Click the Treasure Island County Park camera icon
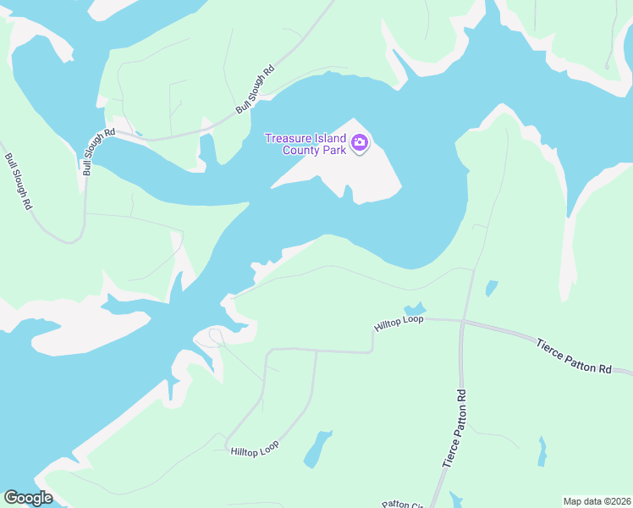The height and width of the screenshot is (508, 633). (360, 143)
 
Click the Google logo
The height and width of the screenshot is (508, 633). (28, 498)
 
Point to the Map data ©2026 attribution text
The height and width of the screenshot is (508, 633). (597, 501)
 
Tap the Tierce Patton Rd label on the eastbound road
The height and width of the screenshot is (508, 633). (574, 356)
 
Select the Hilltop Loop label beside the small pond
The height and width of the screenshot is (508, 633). (399, 323)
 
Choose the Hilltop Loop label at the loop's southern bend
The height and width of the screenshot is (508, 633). (255, 447)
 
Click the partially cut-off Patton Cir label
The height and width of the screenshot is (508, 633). (403, 504)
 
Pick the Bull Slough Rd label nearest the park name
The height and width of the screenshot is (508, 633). (256, 90)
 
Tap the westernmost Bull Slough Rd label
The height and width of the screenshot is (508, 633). (19, 181)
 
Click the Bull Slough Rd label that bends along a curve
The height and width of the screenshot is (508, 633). (98, 152)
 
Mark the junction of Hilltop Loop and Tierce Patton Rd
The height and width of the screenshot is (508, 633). (463, 321)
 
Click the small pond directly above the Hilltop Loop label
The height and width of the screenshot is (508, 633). (414, 308)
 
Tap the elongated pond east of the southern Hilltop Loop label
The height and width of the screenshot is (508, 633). (317, 449)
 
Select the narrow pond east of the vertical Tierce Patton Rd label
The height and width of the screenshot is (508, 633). (542, 451)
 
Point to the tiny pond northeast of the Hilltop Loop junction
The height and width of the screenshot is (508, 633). (492, 289)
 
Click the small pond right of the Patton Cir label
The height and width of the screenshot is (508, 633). (455, 499)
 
